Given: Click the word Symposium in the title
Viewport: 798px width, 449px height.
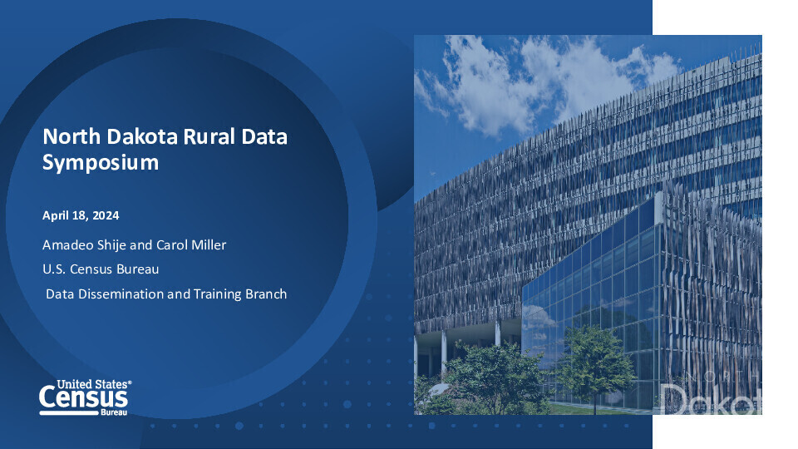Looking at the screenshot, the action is tap(101, 163).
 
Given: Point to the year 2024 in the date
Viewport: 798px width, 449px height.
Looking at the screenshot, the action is tap(106, 215).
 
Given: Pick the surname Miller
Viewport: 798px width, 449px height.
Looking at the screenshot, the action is tap(208, 244).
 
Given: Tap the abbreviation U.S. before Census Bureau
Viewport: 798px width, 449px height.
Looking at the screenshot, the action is tap(54, 269).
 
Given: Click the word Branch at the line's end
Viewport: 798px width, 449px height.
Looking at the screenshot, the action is tap(266, 294).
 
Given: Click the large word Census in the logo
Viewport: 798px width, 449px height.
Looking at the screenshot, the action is tap(83, 397).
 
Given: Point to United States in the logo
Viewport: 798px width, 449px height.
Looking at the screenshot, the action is tap(92, 384).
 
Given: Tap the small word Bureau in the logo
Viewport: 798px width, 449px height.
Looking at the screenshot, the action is tap(114, 412).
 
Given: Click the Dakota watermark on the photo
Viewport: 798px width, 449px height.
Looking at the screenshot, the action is tap(711, 399).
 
